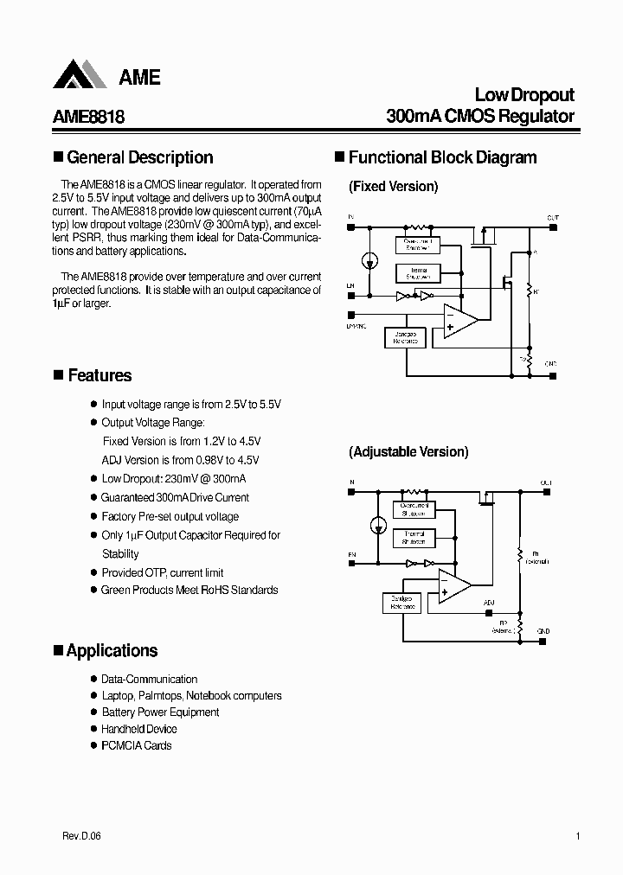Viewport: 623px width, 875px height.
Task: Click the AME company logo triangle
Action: [x=80, y=75]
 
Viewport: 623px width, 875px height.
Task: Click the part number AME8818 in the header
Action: [x=89, y=117]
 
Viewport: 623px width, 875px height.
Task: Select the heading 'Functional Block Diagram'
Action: [x=442, y=157]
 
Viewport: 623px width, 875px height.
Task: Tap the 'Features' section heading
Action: [x=100, y=375]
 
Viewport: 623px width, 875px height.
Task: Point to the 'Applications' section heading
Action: [x=112, y=651]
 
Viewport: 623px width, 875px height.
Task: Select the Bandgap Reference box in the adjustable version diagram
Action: [x=401, y=603]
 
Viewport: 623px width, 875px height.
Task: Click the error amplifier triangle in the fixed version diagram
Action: [x=459, y=321]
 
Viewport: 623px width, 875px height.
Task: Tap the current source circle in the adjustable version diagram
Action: [x=378, y=524]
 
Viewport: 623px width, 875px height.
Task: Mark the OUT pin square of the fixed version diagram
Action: [x=550, y=227]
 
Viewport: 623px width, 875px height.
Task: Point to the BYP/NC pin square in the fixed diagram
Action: [x=350, y=316]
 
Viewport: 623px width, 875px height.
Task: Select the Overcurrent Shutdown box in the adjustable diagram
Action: [x=414, y=509]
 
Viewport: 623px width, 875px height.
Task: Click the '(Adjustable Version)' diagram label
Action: [x=408, y=452]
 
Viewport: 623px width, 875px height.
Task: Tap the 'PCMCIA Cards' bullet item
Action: [x=136, y=745]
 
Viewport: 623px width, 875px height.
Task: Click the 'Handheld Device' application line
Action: [x=138, y=729]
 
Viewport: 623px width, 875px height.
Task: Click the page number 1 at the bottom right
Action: [x=577, y=837]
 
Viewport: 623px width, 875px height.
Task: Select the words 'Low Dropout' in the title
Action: [x=524, y=95]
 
